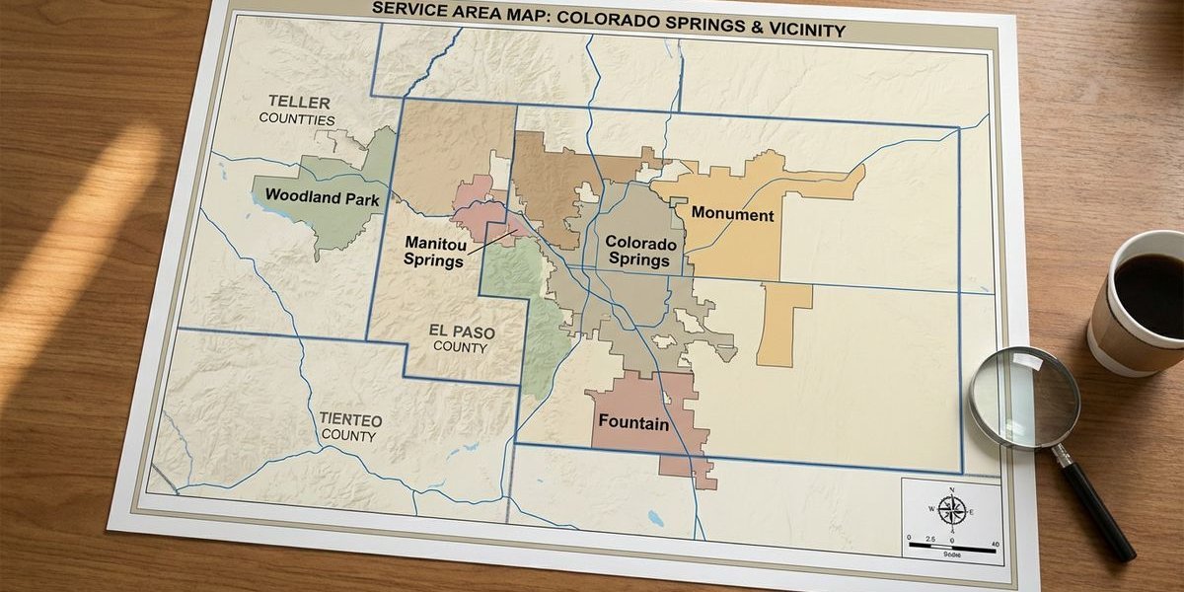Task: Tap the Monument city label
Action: coord(732,213)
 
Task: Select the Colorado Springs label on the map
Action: coord(640,252)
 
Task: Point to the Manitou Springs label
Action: coord(434,252)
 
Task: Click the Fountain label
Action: coord(634,424)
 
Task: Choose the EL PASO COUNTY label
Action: coord(461,339)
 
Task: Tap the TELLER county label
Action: coord(299,103)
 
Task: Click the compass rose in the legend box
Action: coord(951,510)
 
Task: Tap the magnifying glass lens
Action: coord(1023,398)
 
